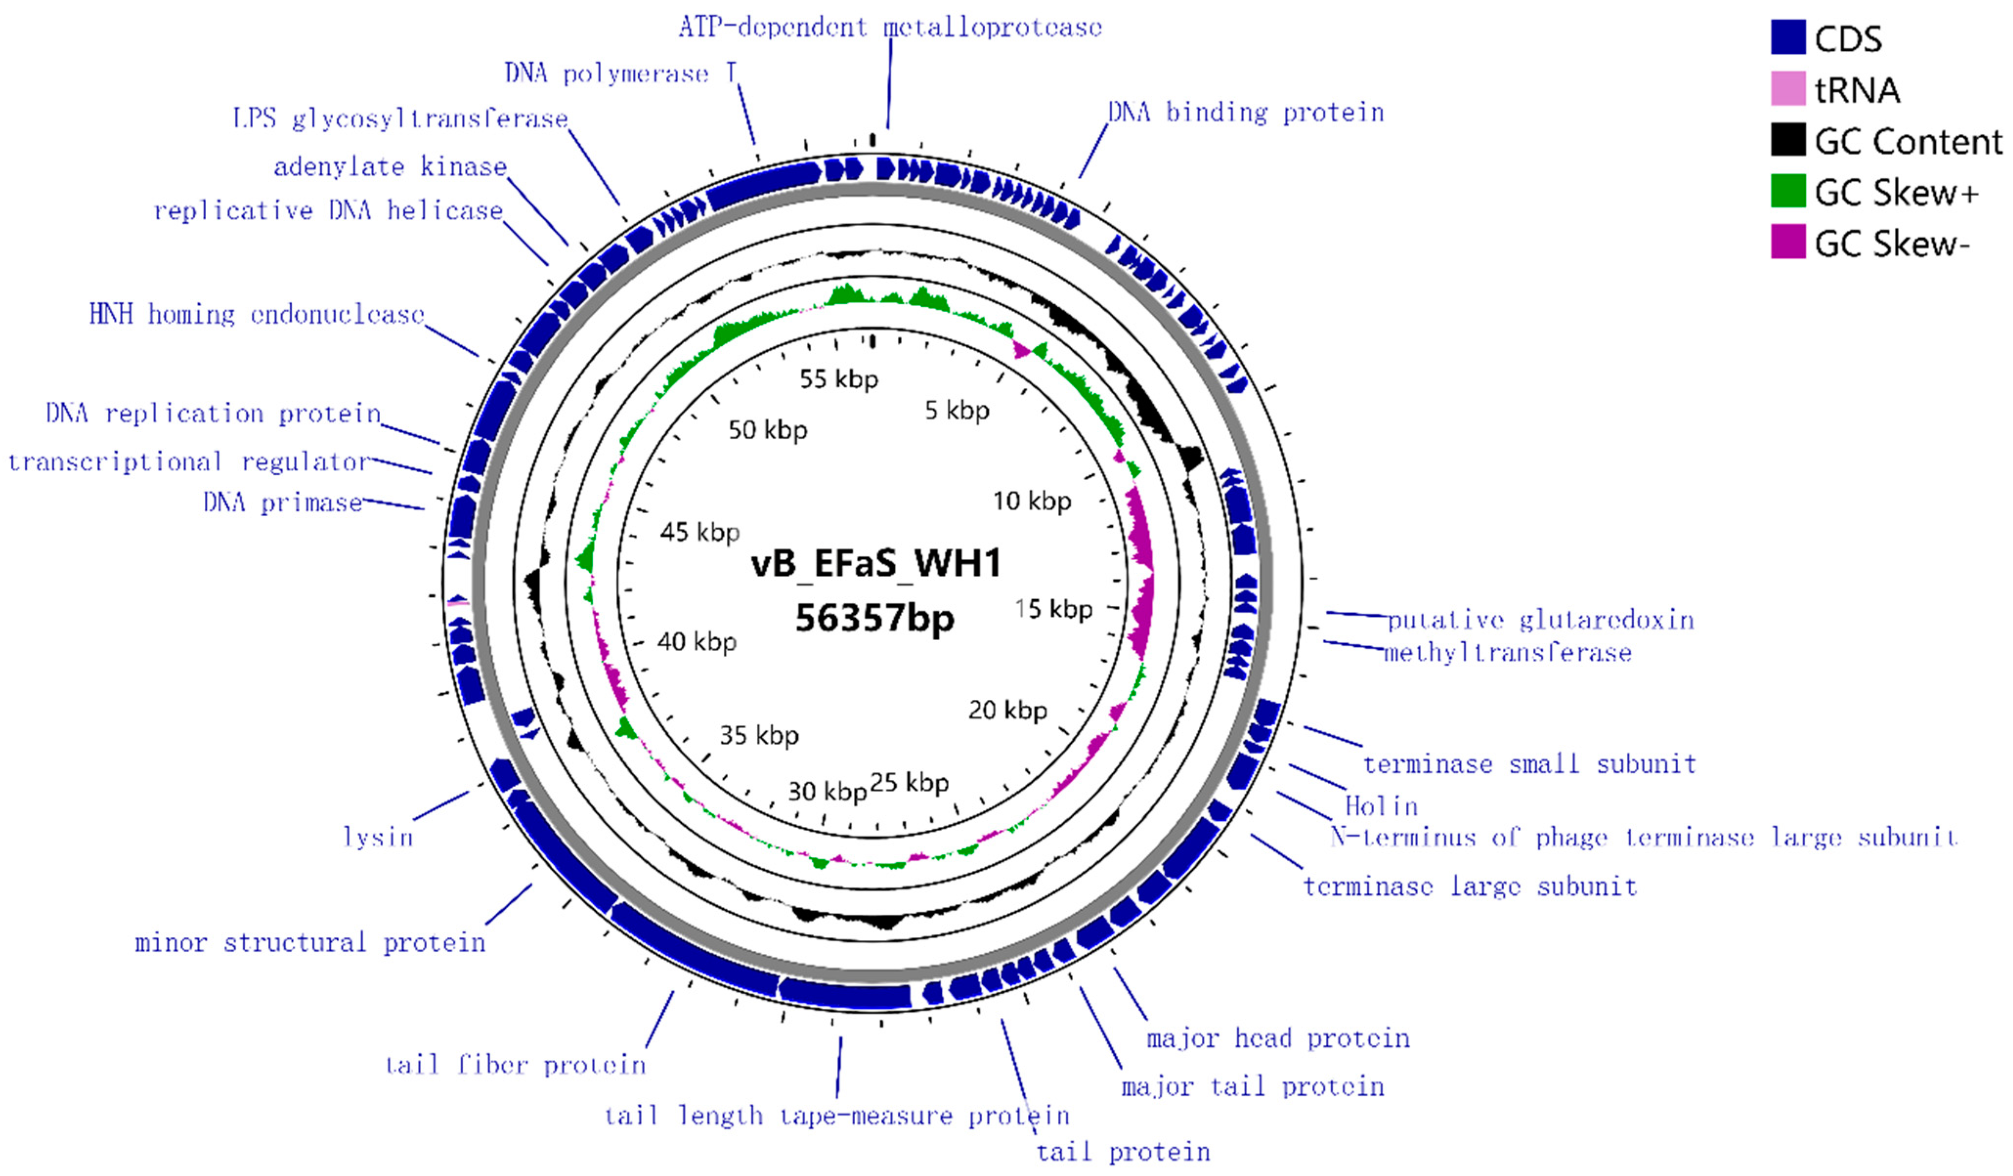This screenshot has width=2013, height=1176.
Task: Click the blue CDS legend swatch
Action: tap(1788, 38)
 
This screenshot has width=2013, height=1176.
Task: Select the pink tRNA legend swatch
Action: tap(1788, 88)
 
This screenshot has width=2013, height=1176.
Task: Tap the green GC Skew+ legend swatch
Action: tap(1788, 191)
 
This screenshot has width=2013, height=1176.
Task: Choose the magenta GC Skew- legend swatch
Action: tap(1788, 242)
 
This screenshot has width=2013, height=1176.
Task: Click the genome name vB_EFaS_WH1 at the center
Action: tap(875, 564)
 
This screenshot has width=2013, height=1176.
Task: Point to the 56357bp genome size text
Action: tap(875, 618)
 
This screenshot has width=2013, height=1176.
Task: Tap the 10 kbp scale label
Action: tap(1031, 502)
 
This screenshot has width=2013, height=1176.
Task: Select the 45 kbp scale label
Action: tap(700, 532)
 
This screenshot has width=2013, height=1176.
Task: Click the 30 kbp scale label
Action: tap(827, 791)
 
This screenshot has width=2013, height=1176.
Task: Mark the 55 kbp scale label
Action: tap(839, 379)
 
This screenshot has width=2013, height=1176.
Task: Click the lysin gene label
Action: tap(378, 837)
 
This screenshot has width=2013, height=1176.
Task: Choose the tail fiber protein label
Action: tap(515, 1064)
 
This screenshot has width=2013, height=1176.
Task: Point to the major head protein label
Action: tap(1278, 1038)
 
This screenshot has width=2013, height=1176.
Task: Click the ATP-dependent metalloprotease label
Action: tap(890, 27)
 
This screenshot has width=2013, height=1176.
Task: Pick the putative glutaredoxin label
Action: tap(1540, 620)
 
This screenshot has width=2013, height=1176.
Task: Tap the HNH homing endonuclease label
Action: tap(257, 315)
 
